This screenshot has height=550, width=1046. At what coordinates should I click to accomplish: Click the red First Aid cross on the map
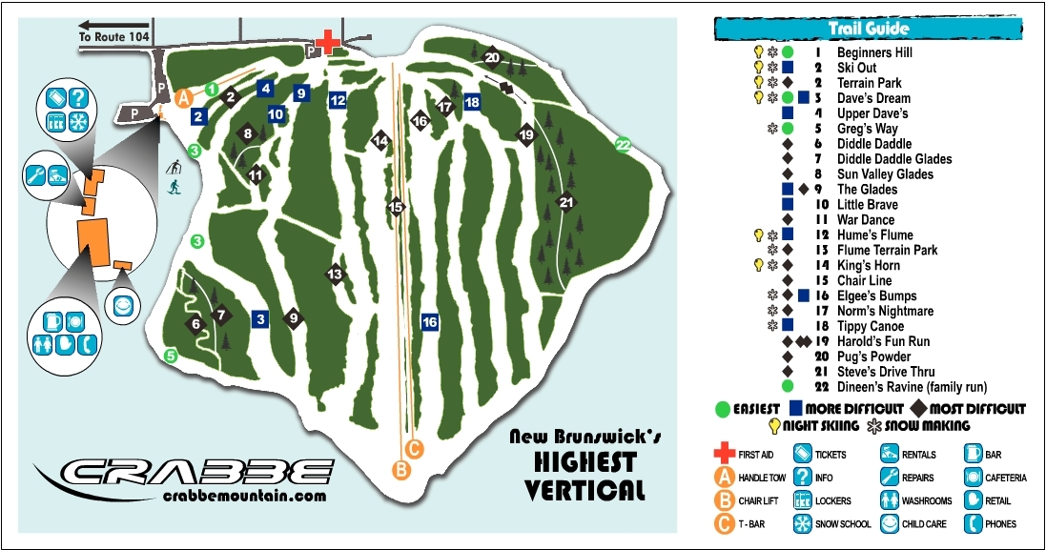(x=327, y=41)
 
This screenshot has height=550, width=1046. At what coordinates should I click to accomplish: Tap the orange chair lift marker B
(x=401, y=468)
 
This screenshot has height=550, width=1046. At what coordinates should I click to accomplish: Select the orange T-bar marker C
(x=414, y=447)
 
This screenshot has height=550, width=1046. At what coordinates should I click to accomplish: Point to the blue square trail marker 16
(x=430, y=322)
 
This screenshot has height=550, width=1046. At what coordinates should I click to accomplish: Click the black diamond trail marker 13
(x=335, y=275)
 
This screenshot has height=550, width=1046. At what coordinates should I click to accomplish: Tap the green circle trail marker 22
(x=623, y=145)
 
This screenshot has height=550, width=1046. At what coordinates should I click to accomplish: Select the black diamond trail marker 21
(x=566, y=202)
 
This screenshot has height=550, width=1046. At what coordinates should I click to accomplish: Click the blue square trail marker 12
(x=338, y=100)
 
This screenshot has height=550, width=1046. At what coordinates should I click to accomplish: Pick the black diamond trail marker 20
(x=492, y=57)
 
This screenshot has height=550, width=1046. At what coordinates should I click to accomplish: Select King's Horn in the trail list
(x=869, y=265)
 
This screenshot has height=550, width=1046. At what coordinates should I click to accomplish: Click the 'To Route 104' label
(x=113, y=34)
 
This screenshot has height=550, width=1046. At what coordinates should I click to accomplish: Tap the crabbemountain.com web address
(x=244, y=496)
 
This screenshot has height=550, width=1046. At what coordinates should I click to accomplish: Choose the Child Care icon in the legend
(x=889, y=523)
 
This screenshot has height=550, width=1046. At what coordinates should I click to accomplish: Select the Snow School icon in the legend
(x=802, y=523)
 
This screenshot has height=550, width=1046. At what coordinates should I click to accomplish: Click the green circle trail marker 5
(x=171, y=356)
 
